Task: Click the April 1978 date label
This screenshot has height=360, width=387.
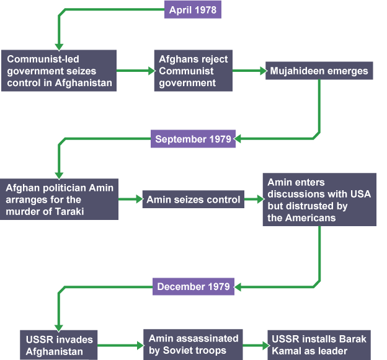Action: click(x=192, y=10)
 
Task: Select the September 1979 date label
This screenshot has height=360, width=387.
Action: click(x=193, y=139)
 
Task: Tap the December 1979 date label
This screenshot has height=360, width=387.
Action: click(x=193, y=286)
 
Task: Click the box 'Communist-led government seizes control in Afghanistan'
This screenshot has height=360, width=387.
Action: click(x=58, y=71)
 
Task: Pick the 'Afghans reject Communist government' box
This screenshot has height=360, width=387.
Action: click(x=193, y=71)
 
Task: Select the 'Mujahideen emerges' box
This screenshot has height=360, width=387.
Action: click(x=319, y=71)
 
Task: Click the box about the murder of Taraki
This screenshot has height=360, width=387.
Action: click(x=60, y=200)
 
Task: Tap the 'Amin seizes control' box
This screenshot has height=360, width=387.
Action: click(x=193, y=200)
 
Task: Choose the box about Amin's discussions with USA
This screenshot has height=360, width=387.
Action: click(x=319, y=200)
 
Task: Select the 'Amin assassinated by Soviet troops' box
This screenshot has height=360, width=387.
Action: click(x=193, y=345)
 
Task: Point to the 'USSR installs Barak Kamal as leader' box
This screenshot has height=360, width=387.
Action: click(x=319, y=345)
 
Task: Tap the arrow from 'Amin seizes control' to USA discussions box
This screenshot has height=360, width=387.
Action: click(x=252, y=200)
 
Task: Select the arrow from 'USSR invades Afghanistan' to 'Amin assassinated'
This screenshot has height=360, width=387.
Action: click(x=121, y=345)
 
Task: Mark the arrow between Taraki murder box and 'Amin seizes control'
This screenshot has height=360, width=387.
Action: click(x=130, y=200)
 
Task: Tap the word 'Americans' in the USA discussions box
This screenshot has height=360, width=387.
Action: click(x=309, y=217)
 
